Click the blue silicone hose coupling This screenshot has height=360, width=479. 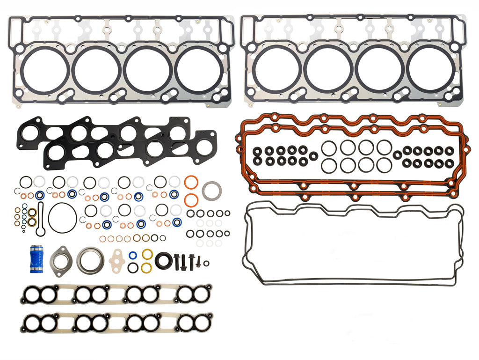36,258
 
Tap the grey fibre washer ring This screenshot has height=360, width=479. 211,191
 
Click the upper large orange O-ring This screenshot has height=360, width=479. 191,182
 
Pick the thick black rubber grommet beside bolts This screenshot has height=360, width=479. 164,261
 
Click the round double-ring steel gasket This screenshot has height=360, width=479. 89,260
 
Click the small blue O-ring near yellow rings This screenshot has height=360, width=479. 133,256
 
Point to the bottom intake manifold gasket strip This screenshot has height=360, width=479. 116,322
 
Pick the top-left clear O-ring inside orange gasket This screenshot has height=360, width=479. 329,147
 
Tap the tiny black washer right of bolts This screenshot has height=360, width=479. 206,263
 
